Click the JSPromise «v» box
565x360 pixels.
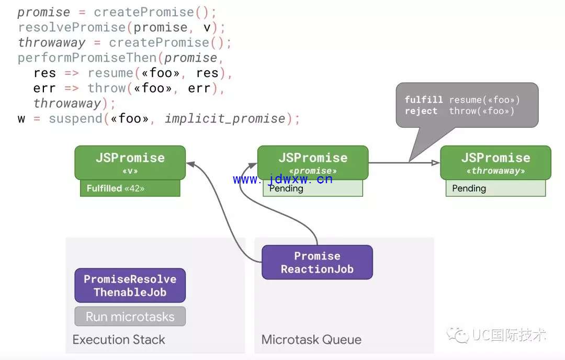pos(130,163)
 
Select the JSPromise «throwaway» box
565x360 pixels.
pos(495,163)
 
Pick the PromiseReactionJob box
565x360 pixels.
pos(317,262)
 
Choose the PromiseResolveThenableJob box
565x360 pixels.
pos(130,285)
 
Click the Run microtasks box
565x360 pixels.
pos(130,317)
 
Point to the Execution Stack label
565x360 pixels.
pos(119,340)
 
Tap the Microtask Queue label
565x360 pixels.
pos(311,340)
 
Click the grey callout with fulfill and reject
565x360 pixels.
pos(467,105)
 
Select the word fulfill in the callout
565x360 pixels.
pos(423,99)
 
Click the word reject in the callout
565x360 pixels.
pos(421,111)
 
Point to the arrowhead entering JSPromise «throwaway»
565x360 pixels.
pos(436,163)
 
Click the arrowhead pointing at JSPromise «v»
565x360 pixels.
pos(190,164)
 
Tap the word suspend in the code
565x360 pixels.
pos(76,119)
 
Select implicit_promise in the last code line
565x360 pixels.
pos(225,118)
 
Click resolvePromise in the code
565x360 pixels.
pos(72,27)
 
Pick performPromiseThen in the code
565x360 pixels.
pos(87,58)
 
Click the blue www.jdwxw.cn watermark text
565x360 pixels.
pos(282,179)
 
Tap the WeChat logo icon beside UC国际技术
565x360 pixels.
pos(457,335)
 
